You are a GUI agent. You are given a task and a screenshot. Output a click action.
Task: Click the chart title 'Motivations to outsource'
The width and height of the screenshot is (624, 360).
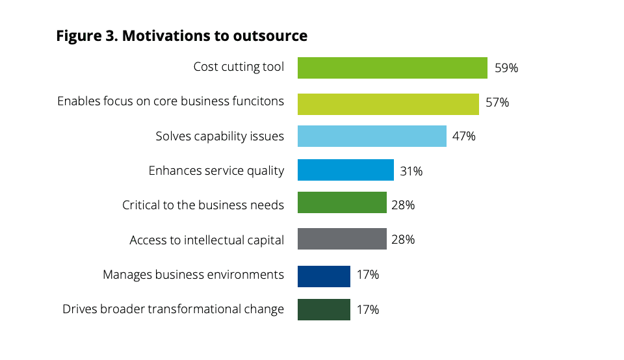coord(214,36)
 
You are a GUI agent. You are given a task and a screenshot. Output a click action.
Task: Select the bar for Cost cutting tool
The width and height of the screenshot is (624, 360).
coord(393,68)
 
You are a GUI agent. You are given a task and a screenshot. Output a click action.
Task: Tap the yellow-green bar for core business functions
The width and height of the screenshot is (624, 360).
coord(388,103)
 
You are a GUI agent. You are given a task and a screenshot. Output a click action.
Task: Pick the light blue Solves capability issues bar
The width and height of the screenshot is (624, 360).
coord(372,136)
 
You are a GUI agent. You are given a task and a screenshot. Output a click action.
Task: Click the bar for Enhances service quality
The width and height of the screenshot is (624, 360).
coord(346,170)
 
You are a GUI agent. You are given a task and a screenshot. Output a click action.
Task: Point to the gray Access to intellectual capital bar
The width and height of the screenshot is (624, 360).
coord(342,239)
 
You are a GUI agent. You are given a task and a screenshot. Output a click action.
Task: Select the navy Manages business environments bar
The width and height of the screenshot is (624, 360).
coord(324,275)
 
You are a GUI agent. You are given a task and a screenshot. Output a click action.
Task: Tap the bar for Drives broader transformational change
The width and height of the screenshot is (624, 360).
coord(324,309)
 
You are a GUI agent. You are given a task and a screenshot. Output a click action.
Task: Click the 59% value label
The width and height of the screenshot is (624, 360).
coord(506,68)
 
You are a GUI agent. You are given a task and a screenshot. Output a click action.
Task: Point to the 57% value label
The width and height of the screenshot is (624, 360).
coord(497,103)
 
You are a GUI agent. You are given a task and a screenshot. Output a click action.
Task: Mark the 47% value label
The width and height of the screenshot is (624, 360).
coord(464,136)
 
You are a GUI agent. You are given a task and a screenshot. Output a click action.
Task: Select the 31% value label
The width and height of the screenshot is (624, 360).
coord(411,171)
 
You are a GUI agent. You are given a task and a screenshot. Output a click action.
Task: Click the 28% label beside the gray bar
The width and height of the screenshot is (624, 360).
coord(403,239)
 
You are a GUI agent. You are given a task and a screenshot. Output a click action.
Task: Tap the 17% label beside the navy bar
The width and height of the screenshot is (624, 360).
coord(367,275)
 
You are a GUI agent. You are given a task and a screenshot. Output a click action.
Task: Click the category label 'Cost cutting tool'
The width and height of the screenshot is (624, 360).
coord(239,67)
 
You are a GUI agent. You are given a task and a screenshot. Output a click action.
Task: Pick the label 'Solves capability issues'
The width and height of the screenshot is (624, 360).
coord(220,136)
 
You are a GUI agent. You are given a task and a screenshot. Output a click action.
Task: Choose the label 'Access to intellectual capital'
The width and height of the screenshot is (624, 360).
coord(207,240)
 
